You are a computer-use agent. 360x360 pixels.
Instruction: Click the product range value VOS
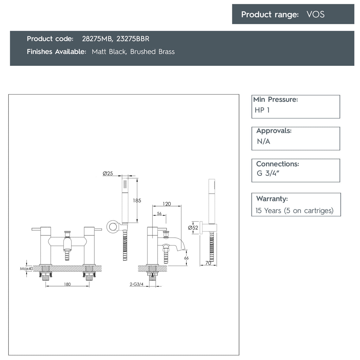[315, 14]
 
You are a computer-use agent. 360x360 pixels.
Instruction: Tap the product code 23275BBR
[133, 39]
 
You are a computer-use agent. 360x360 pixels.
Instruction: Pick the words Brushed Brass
[152, 52]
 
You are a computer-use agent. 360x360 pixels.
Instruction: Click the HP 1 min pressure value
[262, 110]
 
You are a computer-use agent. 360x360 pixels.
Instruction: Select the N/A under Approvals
[263, 142]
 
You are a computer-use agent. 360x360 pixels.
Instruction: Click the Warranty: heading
[272, 199]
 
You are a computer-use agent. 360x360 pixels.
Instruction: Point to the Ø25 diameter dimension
[108, 174]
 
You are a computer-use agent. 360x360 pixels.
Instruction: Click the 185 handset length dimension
[137, 201]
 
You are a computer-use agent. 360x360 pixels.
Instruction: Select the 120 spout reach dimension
[167, 204]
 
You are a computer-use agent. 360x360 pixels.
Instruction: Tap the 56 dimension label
[159, 214]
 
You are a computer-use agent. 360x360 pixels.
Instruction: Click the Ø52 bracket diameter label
[193, 228]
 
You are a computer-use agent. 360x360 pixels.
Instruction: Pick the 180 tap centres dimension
[67, 284]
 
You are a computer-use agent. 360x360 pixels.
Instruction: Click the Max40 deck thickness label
[26, 269]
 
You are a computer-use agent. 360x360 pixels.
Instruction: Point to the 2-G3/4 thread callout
[136, 284]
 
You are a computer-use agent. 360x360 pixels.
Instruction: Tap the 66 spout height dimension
[186, 258]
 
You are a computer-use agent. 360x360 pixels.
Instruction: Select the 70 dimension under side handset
[208, 263]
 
